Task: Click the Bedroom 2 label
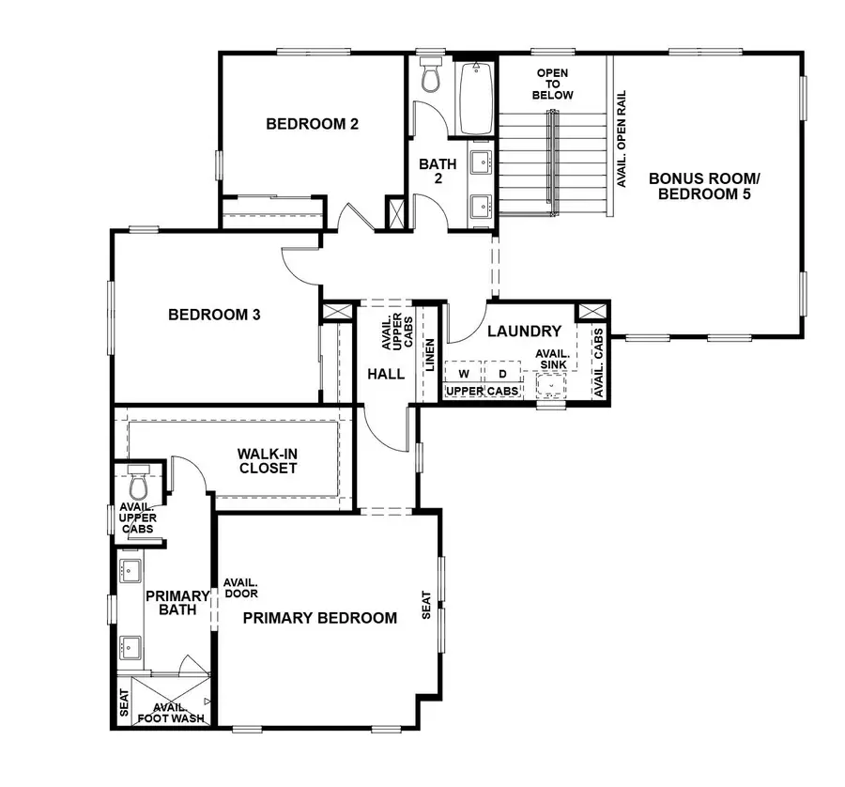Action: pos(313,123)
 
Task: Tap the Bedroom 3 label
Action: pos(214,315)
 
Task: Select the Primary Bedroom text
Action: pos(319,618)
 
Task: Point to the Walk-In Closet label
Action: pos(268,460)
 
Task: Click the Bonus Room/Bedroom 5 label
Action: pos(703,186)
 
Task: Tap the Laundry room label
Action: pos(524,332)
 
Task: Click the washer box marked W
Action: pos(463,374)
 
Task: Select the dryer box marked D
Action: pos(502,374)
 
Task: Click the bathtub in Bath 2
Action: pos(475,98)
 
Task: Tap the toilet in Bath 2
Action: pos(431,75)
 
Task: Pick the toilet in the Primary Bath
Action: pos(138,484)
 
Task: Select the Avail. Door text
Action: pos(240,588)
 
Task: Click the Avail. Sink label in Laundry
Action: pos(551,359)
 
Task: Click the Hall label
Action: pos(386,374)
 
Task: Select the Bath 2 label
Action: pos(438,171)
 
